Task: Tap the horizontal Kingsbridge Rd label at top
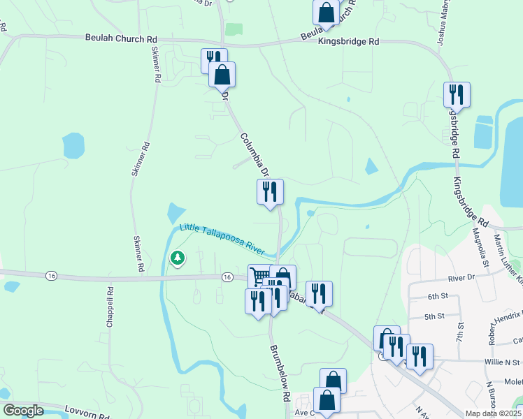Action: click(348, 42)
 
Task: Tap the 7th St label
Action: click(460, 332)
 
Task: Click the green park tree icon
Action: click(178, 258)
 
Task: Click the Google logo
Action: click(22, 411)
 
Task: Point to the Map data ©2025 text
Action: click(494, 413)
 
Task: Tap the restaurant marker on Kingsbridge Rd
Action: click(457, 94)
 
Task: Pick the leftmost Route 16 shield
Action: click(51, 276)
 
